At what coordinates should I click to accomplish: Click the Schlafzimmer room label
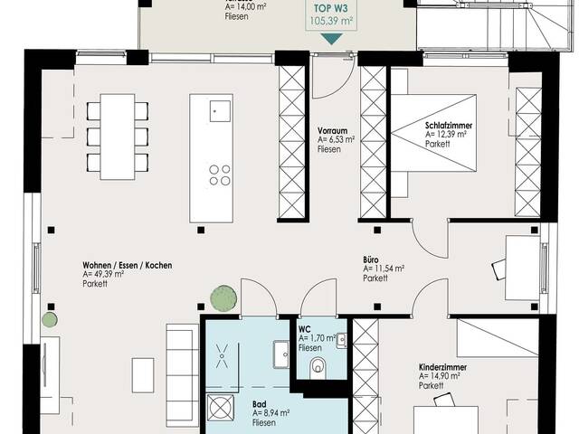(449, 126)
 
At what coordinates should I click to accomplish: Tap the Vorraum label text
(332, 130)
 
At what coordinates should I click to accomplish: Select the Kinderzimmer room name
(442, 367)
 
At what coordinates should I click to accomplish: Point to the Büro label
(371, 259)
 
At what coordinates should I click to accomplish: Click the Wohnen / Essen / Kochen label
(128, 265)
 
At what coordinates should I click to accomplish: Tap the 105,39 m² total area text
(330, 21)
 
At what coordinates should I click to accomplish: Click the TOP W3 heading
(331, 8)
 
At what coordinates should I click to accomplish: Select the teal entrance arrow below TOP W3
(332, 39)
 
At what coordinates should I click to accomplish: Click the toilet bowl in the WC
(318, 368)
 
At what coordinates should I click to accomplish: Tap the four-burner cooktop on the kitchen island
(220, 175)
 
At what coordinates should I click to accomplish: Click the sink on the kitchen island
(220, 110)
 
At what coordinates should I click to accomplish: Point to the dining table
(118, 137)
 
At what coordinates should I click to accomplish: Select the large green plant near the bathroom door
(223, 298)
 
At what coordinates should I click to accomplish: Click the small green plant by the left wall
(50, 319)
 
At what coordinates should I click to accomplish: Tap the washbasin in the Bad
(281, 354)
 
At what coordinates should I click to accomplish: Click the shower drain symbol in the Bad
(222, 356)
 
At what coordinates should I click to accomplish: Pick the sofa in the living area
(183, 375)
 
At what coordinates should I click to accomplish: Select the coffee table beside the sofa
(143, 375)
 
